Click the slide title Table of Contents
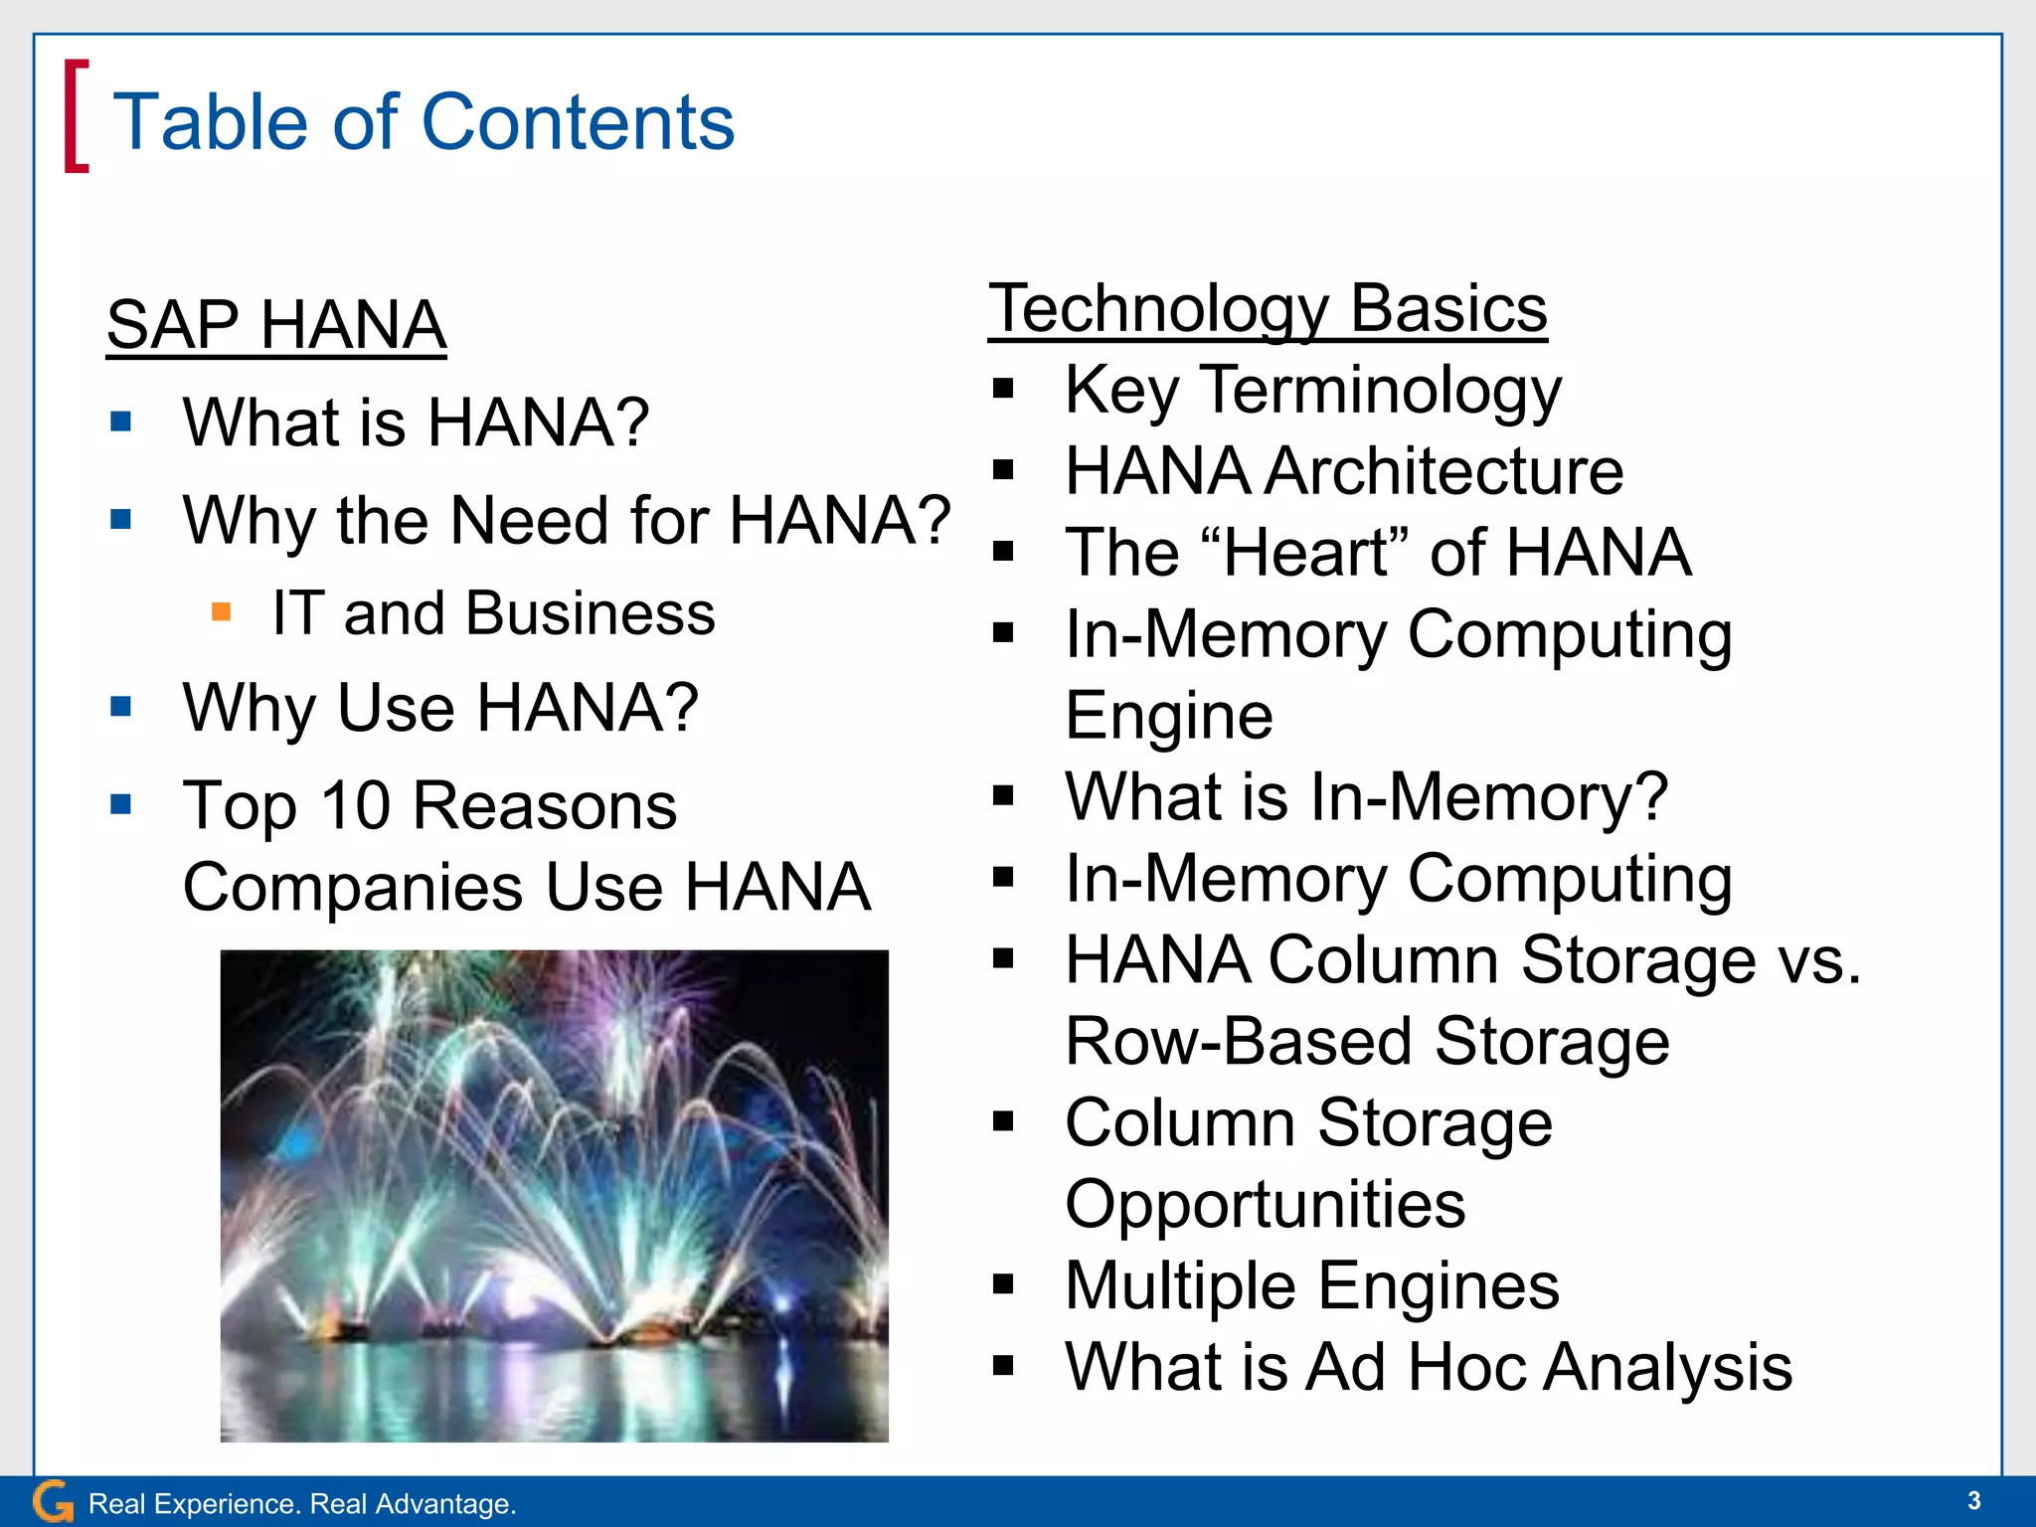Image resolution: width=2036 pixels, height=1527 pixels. pos(424,121)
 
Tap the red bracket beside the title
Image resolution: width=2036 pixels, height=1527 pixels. pos(76,116)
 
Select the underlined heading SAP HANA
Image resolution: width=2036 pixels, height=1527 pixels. pos(276,325)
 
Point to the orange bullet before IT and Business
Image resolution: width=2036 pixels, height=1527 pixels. pos(221,611)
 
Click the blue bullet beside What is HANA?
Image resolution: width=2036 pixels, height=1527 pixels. pos(121,422)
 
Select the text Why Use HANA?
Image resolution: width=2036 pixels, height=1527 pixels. pos(440,708)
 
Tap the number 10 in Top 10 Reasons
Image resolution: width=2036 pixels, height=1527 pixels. pos(355,805)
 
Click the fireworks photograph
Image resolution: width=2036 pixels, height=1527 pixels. pos(554,1195)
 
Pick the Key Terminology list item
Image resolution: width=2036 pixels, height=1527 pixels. pos(1312,390)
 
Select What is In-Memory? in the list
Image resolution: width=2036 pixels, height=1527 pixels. pos(1366,796)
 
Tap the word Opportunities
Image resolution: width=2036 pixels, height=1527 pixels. pos(1265,1204)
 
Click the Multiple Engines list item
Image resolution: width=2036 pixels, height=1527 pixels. pos(1311,1285)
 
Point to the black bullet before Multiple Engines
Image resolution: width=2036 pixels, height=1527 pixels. pos(1003,1284)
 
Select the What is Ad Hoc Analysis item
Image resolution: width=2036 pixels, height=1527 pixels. pos(1428,1367)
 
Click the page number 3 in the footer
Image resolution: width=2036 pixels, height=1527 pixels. pos(1973,1500)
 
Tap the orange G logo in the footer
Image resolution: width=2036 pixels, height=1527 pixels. pos(53,1501)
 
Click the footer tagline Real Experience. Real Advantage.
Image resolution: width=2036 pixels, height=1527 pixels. pos(302,1504)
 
